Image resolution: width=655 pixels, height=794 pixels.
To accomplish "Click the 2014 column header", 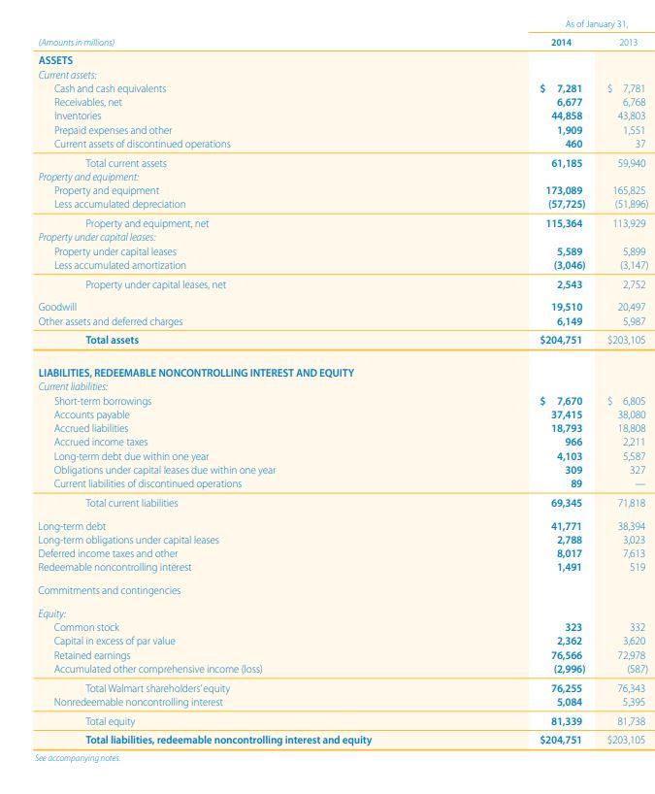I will pos(562,43).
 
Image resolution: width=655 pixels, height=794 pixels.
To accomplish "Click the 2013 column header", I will pos(628,43).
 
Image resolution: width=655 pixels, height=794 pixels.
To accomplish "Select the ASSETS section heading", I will pos(55,60).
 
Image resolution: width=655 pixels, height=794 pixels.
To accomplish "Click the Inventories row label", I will pos(78,116).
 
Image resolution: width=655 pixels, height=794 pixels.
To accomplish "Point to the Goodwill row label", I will pos(57,307).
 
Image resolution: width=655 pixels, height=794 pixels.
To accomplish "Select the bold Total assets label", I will pos(112,340).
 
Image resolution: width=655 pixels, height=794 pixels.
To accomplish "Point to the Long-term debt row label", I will pos(71,526).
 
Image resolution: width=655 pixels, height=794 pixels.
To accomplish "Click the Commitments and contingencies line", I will pos(109,590).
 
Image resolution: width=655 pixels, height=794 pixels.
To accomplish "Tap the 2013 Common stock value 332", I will pos(637,628).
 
